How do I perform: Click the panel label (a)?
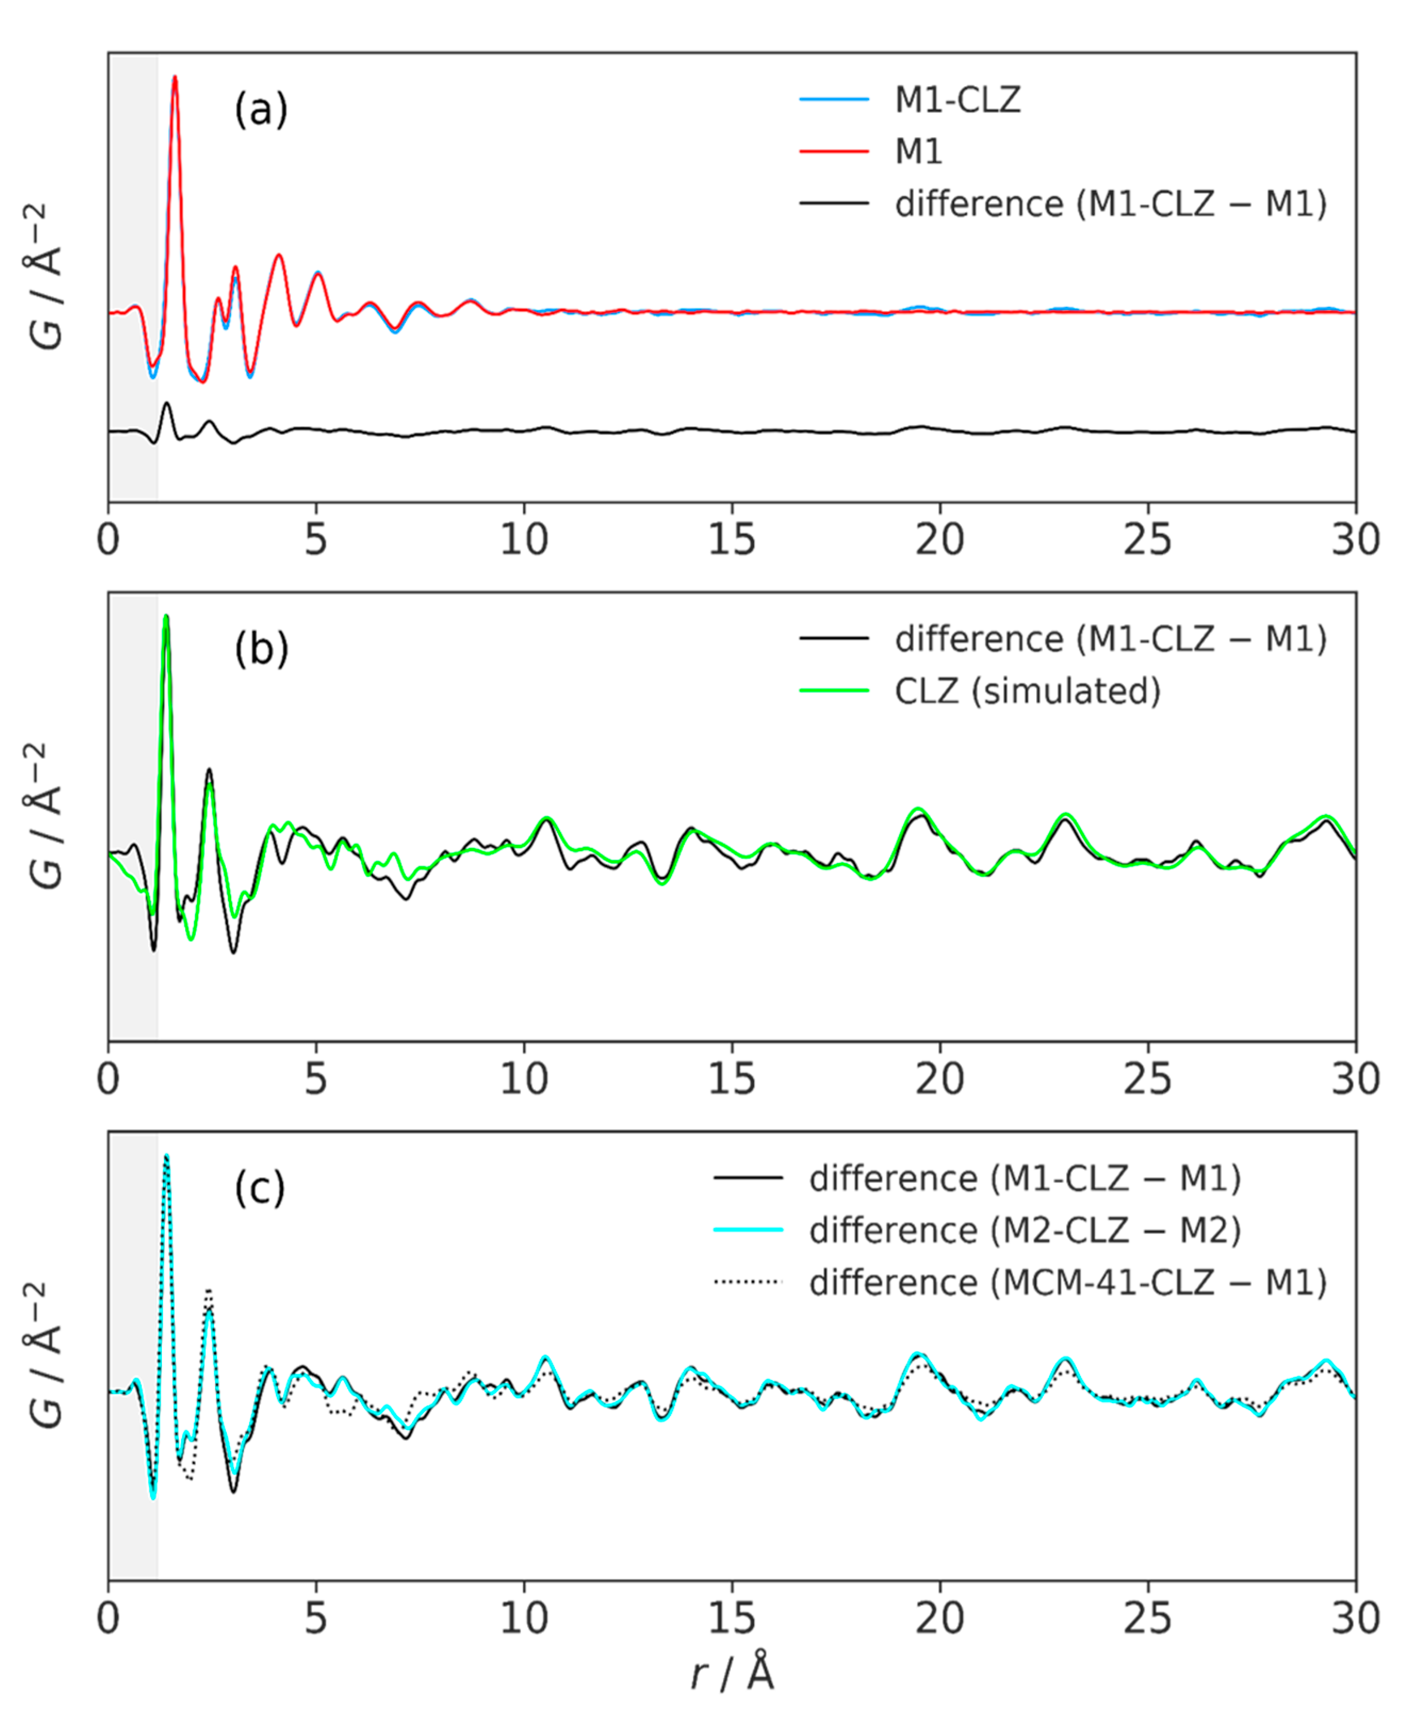(x=261, y=109)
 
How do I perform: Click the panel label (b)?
(x=261, y=649)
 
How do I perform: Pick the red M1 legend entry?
(x=918, y=151)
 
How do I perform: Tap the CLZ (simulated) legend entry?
(x=1027, y=691)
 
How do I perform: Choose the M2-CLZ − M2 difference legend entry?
(x=1025, y=1230)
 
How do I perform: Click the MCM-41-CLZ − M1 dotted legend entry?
(x=1068, y=1282)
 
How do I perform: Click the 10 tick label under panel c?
(x=523, y=1618)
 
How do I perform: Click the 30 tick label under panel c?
(x=1355, y=1618)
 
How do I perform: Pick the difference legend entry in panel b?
(x=1110, y=639)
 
